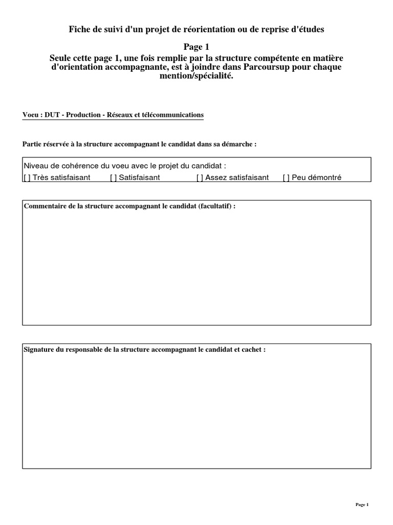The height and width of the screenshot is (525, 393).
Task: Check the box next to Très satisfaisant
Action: point(27,178)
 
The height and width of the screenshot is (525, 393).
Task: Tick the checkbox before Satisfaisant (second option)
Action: point(113,178)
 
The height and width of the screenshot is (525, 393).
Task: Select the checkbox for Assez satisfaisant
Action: point(200,178)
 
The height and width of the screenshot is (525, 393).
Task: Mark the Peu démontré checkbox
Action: point(286,178)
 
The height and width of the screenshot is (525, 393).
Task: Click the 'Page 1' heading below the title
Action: point(196,47)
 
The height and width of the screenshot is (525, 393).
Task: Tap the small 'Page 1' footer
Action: point(362,505)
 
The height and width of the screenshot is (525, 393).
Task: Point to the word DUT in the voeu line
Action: point(52,115)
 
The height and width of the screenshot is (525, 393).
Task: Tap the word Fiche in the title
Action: point(80,30)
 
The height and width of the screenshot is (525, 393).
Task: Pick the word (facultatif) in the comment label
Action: point(216,206)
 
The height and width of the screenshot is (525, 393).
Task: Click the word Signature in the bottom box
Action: point(40,350)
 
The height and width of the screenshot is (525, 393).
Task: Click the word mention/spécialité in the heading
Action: point(196,76)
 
